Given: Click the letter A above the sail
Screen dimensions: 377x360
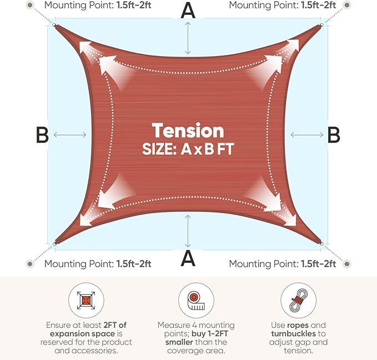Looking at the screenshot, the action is coord(188,11).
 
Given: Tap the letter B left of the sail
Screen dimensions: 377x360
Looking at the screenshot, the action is coord(42,135).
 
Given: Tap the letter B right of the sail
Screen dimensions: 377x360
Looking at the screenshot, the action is coord(334,135).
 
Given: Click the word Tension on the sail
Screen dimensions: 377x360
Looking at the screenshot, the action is coord(188,130).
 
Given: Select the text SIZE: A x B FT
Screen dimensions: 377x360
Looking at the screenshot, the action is coord(188,149).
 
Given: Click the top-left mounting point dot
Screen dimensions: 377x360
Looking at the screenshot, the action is coord(30,5).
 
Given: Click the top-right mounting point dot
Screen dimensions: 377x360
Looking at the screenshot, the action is coord(346,5).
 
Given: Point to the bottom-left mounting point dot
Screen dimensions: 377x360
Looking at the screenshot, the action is coord(30,264).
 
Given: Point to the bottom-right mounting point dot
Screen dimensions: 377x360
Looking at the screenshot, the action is coord(346,264).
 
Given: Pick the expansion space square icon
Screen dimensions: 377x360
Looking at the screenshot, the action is coord(86,301).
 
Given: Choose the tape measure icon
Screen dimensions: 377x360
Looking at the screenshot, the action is coord(196,301).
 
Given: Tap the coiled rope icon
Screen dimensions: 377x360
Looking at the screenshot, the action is coord(298,301).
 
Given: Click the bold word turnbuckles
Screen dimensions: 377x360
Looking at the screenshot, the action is coord(293,333).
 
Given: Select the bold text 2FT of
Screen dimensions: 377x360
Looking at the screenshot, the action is coord(115,325).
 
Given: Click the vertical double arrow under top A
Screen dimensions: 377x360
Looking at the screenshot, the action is coord(188,38).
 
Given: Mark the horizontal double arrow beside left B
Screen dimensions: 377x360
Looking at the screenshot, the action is coord(70,135).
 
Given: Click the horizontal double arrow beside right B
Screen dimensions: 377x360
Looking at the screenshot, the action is coord(307,135).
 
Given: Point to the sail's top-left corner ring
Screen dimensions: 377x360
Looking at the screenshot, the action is coord(54,25).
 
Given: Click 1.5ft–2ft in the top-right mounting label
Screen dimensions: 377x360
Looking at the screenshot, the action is coord(318,5).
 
